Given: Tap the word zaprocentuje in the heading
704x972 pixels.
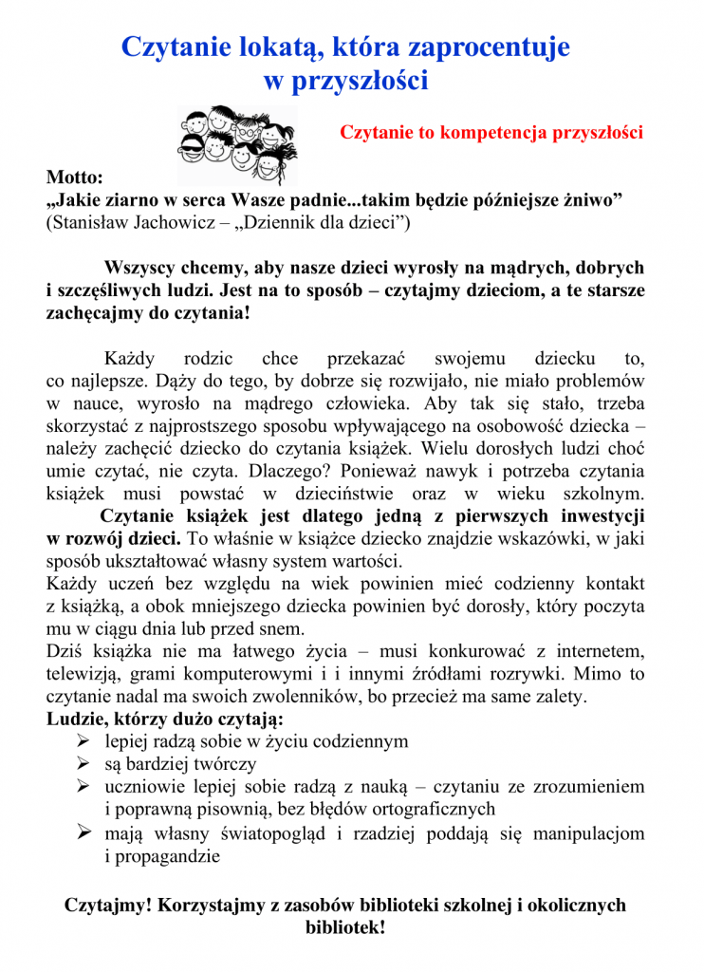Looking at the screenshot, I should tap(484, 47).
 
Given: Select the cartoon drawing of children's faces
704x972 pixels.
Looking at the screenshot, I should tap(236, 143).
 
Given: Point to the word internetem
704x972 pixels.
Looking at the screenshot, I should tap(599, 651).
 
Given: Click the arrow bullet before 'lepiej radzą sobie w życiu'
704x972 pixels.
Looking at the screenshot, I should tap(83, 740).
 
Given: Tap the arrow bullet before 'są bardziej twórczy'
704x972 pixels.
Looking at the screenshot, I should tap(83, 763).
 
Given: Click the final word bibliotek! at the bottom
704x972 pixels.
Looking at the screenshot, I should tap(345, 928).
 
